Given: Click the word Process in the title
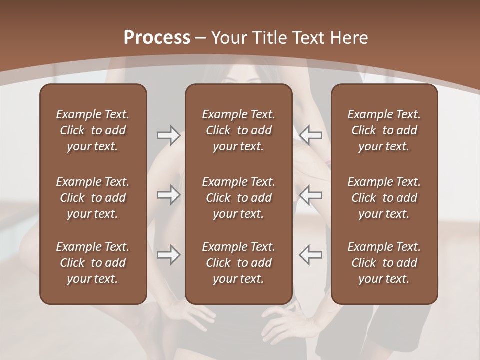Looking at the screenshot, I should tap(157, 38).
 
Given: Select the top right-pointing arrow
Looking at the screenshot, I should tap(168, 135).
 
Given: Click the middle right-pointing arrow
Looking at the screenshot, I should tap(168, 195).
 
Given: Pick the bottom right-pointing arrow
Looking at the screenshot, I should tap(168, 255).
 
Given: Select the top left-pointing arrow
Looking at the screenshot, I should tap(310, 135).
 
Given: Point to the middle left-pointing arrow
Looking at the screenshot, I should tap(310, 195).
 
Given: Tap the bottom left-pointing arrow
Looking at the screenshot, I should tap(310, 255).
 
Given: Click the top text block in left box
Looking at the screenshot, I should tap(93, 130).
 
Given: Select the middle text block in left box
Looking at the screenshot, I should tap(93, 198).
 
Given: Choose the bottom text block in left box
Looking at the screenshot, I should tap(93, 263).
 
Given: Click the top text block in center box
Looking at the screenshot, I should tap(239, 130).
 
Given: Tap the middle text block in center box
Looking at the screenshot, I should tap(239, 198).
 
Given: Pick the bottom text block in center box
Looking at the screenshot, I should tap(239, 263).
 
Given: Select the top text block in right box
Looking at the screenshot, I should tap(384, 130).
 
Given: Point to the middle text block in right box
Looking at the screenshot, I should tap(384, 198).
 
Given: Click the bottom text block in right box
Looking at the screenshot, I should tap(384, 263).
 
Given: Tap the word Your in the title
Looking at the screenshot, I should tap(227, 38).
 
